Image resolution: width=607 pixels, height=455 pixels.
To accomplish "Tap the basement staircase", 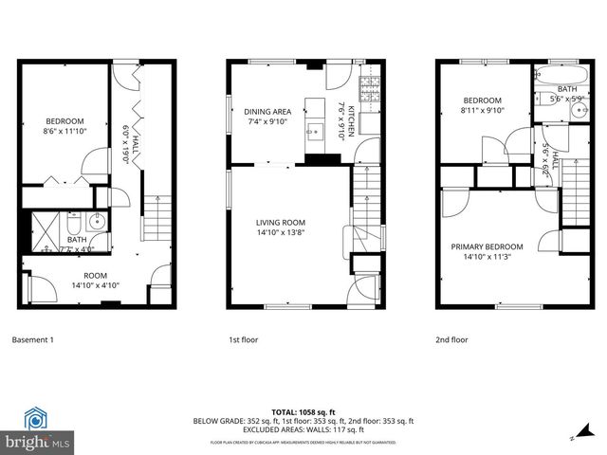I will [x=154, y=222].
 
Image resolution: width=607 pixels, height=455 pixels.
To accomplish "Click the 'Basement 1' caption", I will [x=33, y=339].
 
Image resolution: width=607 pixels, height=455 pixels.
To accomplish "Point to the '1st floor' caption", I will [x=243, y=339].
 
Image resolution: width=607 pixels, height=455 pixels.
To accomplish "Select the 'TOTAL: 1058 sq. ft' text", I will [x=303, y=412].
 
